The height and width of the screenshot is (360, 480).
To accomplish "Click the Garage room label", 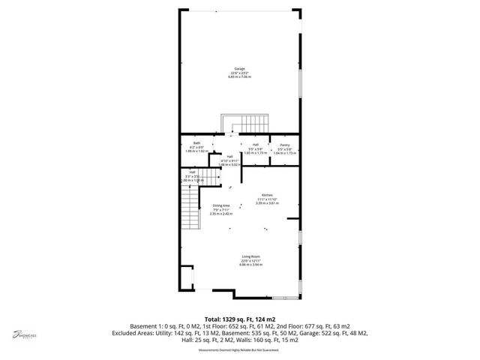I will click(240, 68).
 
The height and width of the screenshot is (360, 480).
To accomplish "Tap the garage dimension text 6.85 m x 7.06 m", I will click(240, 76).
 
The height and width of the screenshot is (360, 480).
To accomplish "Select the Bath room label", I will click(196, 143).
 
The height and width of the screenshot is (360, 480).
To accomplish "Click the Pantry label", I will click(285, 145).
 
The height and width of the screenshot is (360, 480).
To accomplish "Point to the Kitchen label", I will click(267, 193).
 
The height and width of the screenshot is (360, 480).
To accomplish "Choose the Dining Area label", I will click(221, 205).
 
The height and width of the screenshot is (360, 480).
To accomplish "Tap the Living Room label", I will click(250, 256).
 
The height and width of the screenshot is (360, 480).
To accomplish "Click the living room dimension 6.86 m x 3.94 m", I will click(250, 264).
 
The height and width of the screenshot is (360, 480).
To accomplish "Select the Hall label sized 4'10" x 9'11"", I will click(229, 157).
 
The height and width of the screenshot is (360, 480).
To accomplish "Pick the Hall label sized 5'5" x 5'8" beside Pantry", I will click(256, 144).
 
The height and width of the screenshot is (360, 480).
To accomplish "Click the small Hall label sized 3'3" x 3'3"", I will click(193, 172).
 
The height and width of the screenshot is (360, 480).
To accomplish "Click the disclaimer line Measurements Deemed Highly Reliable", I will click(240, 349).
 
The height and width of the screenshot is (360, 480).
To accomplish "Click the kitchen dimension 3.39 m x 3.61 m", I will click(267, 202).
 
